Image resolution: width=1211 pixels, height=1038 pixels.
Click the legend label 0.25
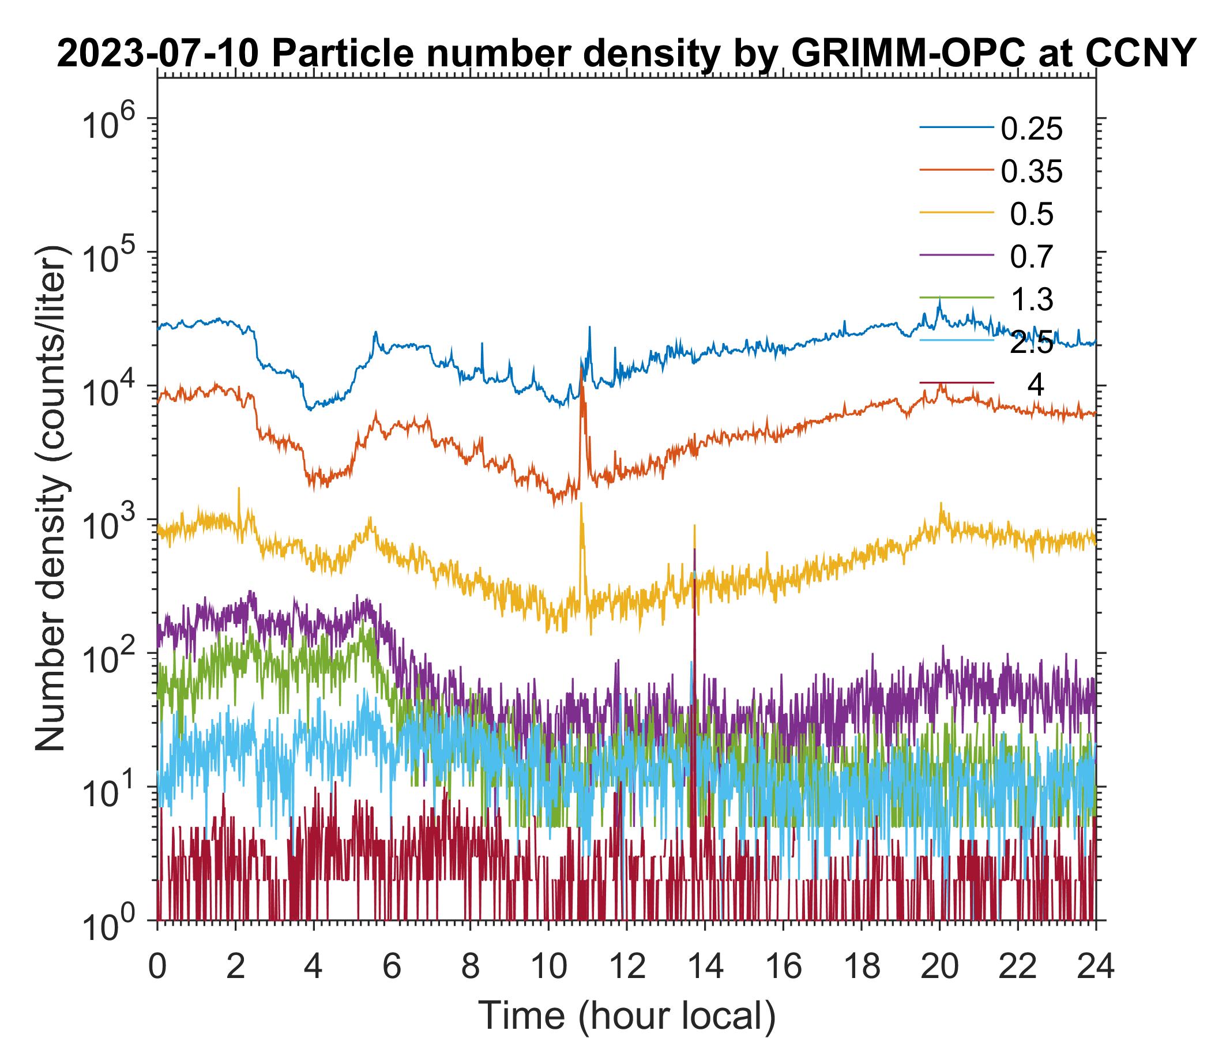click(1032, 129)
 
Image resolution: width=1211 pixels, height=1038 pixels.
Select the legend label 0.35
click(1032, 172)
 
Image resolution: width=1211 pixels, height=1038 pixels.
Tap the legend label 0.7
click(1032, 257)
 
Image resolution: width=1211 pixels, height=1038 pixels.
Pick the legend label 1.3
click(1032, 300)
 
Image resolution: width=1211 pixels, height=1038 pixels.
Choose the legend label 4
click(1035, 386)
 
